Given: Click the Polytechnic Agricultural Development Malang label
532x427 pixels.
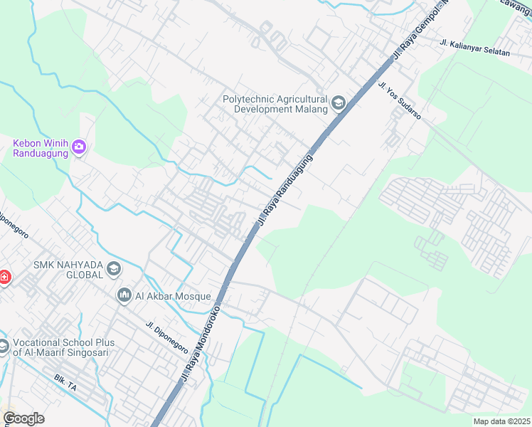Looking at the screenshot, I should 275,105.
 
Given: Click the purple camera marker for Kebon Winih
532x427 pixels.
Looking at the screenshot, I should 78,148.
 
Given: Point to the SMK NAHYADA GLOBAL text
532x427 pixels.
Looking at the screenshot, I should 68,270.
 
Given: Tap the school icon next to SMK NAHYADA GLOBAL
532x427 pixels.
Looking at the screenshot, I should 114,270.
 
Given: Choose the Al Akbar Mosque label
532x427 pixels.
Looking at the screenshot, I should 174,295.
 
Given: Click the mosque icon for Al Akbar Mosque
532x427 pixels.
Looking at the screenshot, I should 124,295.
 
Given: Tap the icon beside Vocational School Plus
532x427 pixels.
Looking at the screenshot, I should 3,347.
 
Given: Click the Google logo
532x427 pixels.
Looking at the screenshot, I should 23,418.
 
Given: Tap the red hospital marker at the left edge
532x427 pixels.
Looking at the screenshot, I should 4,275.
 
